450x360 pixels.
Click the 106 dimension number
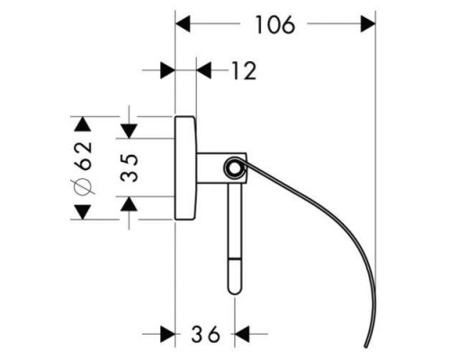pyautogui.click(x=275, y=24)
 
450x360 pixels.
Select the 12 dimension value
pyautogui.click(x=244, y=71)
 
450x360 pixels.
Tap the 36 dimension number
pyautogui.click(x=206, y=334)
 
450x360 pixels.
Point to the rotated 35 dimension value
pyautogui.click(x=130, y=167)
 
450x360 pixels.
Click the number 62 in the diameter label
pyautogui.click(x=83, y=156)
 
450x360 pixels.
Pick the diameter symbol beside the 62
pyautogui.click(x=83, y=186)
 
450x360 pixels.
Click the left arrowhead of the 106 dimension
pyautogui.click(x=183, y=24)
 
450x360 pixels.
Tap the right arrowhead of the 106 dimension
pyautogui.click(x=368, y=24)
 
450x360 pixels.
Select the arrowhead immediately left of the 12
pyautogui.click(x=204, y=71)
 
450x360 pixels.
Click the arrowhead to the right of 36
pyautogui.click(x=242, y=334)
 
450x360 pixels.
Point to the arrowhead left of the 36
pyautogui.click(x=167, y=334)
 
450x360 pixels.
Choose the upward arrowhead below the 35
pyautogui.click(x=129, y=204)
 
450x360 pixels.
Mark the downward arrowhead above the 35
pyautogui.click(x=129, y=131)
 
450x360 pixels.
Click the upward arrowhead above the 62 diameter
pyautogui.click(x=83, y=124)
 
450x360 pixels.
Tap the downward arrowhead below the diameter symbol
pyautogui.click(x=83, y=212)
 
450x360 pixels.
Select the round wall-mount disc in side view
pyautogui.click(x=185, y=167)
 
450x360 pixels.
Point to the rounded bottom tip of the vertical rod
pyautogui.click(x=235, y=292)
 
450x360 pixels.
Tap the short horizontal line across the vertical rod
pyautogui.click(x=235, y=258)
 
